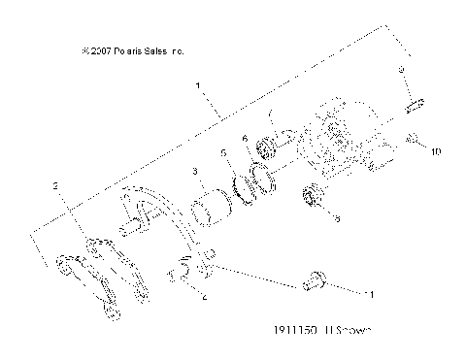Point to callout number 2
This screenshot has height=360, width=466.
[x=57, y=184]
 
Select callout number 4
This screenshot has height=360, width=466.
[x=204, y=300]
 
